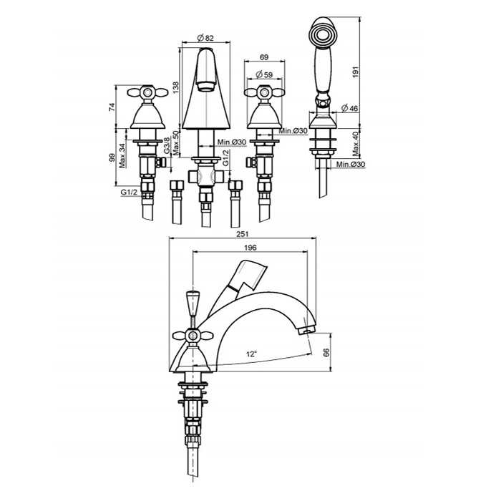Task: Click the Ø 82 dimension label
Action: [x=205, y=38]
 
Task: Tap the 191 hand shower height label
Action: [x=357, y=71]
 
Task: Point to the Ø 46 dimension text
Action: [x=349, y=108]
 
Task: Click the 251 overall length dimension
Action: [x=243, y=234]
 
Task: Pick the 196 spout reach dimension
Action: [x=250, y=248]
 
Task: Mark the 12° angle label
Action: [x=252, y=354]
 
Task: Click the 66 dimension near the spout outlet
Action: [x=326, y=352]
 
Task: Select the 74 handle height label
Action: [x=112, y=107]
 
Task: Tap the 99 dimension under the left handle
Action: [x=112, y=157]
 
